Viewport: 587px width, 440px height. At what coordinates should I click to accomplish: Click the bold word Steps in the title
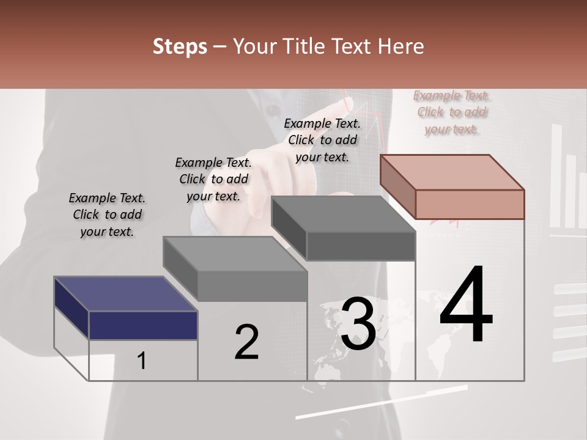coord(180,46)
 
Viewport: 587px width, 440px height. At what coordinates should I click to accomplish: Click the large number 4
coord(466,306)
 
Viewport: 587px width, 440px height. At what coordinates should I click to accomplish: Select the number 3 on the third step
coord(358,324)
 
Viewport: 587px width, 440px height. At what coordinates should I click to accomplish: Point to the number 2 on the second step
coord(246,342)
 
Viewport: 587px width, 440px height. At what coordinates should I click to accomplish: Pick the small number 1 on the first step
coord(142,361)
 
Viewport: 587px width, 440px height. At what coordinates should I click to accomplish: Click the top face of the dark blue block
coord(125,294)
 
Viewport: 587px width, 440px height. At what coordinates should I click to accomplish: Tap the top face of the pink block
coord(452,172)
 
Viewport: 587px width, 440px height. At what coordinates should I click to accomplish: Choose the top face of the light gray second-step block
coord(235,254)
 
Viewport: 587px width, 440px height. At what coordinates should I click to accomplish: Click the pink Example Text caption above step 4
coord(452,112)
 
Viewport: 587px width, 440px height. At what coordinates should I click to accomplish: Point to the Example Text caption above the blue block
coord(108,215)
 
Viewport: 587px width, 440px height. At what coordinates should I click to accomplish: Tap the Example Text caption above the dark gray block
coord(322,140)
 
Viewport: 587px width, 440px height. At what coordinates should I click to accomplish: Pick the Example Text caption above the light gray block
coord(213,179)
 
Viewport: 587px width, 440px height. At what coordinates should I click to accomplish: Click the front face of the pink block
coord(470,204)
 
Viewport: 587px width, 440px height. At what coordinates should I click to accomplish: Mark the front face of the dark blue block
coord(143,325)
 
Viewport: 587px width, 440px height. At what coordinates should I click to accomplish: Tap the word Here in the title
coord(400,46)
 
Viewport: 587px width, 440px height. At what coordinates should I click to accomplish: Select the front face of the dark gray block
coord(361,246)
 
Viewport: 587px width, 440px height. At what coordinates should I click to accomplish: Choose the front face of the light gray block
coord(252,286)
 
